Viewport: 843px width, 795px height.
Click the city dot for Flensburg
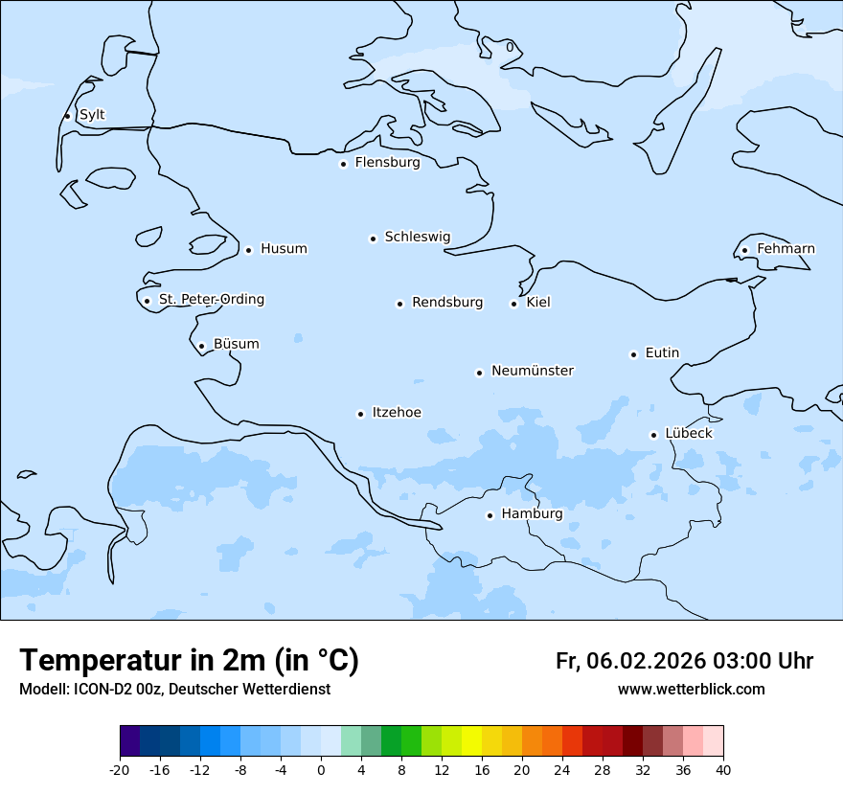click(x=343, y=164)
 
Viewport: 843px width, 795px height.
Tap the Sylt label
click(x=92, y=115)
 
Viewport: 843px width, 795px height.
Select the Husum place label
click(x=284, y=249)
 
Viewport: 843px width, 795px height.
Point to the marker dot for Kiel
click(x=513, y=304)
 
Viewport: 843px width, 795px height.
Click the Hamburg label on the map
click(x=532, y=514)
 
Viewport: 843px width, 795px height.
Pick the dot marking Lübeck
click(x=653, y=435)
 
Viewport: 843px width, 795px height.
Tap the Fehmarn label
click(x=786, y=249)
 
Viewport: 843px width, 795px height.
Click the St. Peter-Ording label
click(x=211, y=300)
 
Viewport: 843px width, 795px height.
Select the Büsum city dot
click(x=201, y=347)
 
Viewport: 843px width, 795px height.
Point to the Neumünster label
click(x=533, y=371)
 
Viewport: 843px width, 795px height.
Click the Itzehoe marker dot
click(x=360, y=414)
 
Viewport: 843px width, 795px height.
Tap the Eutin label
click(x=662, y=353)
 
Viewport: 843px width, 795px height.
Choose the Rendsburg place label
click(x=447, y=303)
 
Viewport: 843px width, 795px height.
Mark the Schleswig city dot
click(x=373, y=238)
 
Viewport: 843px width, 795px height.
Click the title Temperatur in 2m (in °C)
click(x=189, y=660)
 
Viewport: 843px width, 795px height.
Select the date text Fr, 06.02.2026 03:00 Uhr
click(x=684, y=661)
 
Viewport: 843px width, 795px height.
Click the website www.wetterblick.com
click(x=691, y=690)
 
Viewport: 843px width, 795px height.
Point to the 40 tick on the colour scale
click(x=722, y=770)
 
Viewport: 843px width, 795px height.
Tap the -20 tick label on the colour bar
click(x=120, y=770)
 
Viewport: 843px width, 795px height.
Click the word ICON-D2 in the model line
click(x=99, y=690)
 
